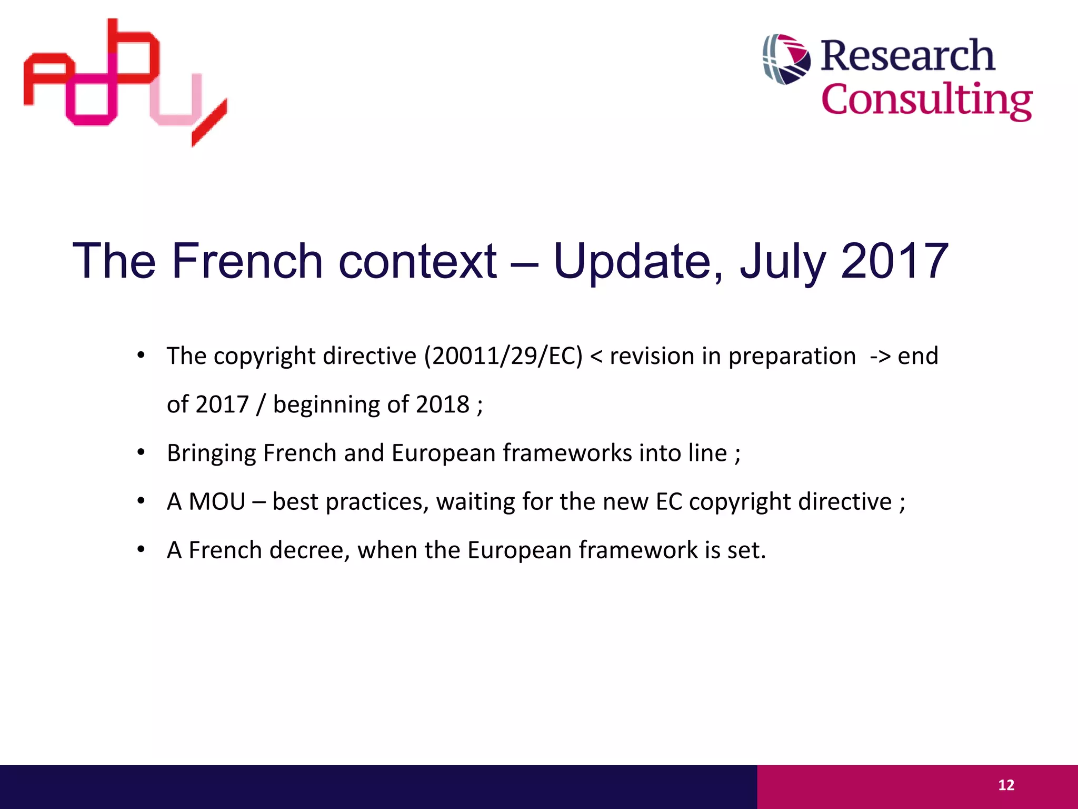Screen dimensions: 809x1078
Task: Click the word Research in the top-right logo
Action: coord(907,56)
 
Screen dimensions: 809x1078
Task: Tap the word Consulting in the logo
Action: coord(926,100)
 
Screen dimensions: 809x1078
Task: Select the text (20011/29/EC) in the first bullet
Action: coord(504,357)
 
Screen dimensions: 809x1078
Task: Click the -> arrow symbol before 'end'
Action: coord(880,357)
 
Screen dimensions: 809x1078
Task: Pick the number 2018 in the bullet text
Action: coord(442,404)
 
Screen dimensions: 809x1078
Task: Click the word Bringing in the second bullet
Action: coord(212,453)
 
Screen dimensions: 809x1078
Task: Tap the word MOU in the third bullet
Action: coord(217,501)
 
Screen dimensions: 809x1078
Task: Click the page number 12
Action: coord(1006,785)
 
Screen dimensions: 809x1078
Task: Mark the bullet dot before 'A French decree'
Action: coord(141,550)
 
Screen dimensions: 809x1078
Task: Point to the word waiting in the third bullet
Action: coord(475,502)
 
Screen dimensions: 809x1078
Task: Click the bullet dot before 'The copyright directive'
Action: coord(141,356)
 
